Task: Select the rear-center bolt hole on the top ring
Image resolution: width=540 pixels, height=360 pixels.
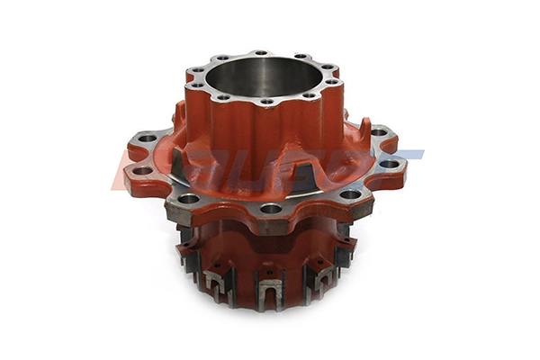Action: [260, 54]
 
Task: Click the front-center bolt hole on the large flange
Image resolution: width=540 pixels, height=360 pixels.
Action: [271, 209]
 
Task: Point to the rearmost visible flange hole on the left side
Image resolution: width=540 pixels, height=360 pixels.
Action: [147, 139]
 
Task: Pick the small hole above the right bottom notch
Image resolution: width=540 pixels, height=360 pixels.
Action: [320, 260]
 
